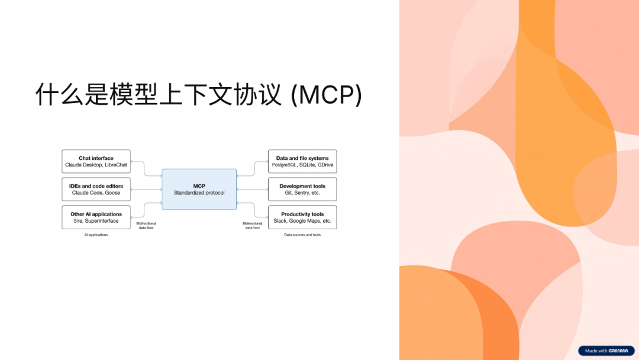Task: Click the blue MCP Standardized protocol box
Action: coord(199,189)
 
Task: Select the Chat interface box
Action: coord(96,161)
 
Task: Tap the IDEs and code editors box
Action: coord(96,189)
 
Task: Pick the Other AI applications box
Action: coord(96,217)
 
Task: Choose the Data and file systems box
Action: coord(302,161)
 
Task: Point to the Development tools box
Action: coord(302,189)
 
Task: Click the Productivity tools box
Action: coord(302,217)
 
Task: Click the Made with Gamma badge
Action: coord(606,351)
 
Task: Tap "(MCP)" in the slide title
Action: coord(326,95)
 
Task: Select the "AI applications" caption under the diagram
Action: coord(96,235)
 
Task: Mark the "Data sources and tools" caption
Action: coord(302,235)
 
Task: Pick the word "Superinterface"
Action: coord(101,221)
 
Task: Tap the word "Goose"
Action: coord(113,192)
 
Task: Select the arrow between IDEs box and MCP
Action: coord(146,189)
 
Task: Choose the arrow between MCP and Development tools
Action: coord(252,189)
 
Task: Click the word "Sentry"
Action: coord(301,192)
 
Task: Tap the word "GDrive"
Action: coord(325,165)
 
